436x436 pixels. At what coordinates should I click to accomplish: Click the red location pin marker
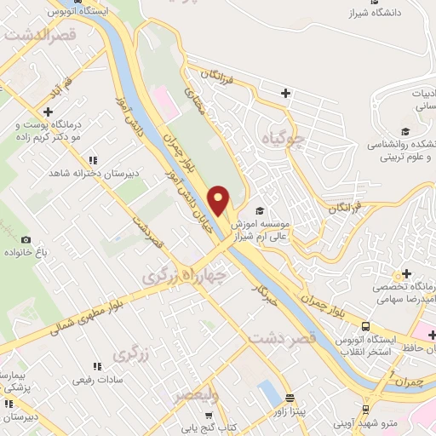pyautogui.click(x=220, y=200)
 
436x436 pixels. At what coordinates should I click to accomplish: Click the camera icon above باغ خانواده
pyautogui.click(x=26, y=241)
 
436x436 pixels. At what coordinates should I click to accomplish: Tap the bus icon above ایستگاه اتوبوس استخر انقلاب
pyautogui.click(x=365, y=326)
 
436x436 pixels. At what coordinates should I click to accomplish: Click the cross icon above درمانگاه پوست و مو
pyautogui.click(x=49, y=112)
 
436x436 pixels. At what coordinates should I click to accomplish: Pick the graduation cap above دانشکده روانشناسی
pyautogui.click(x=406, y=131)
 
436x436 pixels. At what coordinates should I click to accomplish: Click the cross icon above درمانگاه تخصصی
pyautogui.click(x=406, y=274)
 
